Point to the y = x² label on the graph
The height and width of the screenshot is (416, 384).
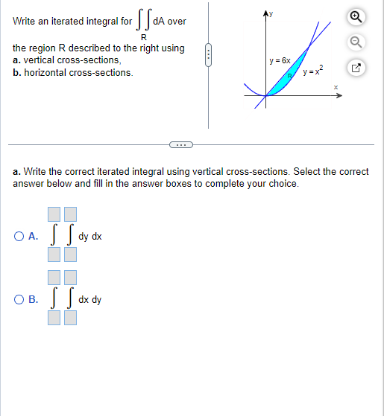(312, 70)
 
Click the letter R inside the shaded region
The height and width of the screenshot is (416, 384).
(291, 76)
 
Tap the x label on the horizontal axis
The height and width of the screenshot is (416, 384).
(336, 88)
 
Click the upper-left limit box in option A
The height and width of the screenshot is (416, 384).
(54, 216)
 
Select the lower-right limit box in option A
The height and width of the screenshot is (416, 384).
(69, 255)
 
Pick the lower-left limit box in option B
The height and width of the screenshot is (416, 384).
(54, 319)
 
